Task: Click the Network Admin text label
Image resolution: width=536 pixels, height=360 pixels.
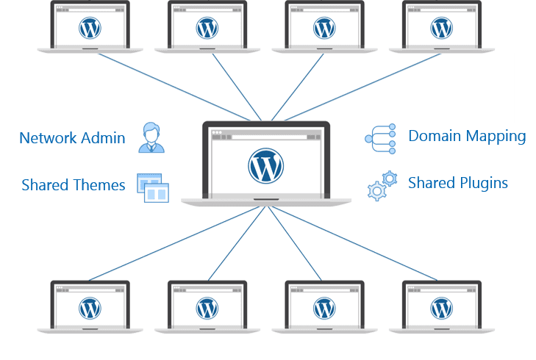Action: point(72,138)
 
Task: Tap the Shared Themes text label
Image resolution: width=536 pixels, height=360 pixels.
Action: point(74,185)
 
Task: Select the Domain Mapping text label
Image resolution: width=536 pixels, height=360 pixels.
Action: point(467,136)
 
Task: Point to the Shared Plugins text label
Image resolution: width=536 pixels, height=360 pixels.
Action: point(458,183)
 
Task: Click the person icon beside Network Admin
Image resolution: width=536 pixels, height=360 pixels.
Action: point(151,138)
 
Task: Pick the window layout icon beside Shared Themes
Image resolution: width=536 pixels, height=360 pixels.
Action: point(152,187)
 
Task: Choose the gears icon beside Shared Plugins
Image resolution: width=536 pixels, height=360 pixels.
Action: point(382,186)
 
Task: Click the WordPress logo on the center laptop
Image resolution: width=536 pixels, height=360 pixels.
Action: point(265,165)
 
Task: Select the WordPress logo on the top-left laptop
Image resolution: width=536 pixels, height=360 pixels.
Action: point(90,28)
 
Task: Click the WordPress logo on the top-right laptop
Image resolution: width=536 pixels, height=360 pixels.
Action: point(442,28)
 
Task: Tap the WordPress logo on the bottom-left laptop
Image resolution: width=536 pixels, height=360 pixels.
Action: point(90,308)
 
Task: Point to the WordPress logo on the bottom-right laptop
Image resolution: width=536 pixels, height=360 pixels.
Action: point(442,308)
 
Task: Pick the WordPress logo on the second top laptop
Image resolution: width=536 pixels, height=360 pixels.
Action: point(207,28)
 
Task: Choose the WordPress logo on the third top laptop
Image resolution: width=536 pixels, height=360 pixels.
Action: point(324,28)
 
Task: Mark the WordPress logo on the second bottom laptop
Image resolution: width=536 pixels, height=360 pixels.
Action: point(207,308)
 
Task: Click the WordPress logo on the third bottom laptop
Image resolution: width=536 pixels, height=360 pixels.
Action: point(324,308)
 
